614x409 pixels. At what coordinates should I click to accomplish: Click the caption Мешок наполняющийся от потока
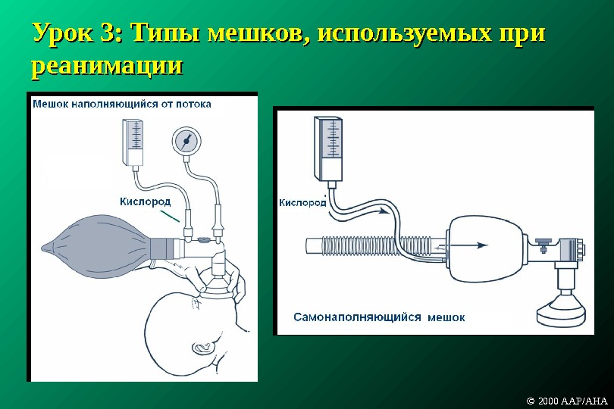[121, 104]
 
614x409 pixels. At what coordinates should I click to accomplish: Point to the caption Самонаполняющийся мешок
[380, 317]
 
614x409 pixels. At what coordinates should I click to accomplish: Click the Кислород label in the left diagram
[146, 201]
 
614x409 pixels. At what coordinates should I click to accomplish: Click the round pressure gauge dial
[186, 141]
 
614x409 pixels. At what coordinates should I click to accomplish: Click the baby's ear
[202, 348]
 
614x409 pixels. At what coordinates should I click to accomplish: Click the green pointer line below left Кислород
[172, 216]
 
